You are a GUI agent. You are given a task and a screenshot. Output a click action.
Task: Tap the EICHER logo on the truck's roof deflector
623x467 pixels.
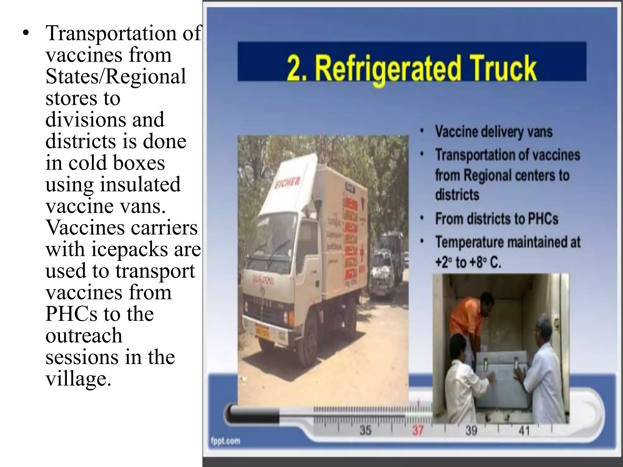(x=287, y=183)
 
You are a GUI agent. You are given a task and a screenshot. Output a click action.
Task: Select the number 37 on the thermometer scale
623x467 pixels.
(x=418, y=430)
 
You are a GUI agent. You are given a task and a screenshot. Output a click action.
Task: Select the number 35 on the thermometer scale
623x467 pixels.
(x=365, y=430)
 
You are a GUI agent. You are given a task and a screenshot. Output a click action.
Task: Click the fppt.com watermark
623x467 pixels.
(x=225, y=441)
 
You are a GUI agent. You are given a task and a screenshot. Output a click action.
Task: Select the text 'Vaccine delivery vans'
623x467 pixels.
(x=493, y=132)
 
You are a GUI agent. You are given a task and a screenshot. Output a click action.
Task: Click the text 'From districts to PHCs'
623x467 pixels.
(x=496, y=219)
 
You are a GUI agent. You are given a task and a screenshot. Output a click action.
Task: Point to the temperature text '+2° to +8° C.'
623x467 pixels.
(x=468, y=262)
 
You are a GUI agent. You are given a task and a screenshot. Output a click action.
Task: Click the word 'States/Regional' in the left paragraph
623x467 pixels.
(x=116, y=76)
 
